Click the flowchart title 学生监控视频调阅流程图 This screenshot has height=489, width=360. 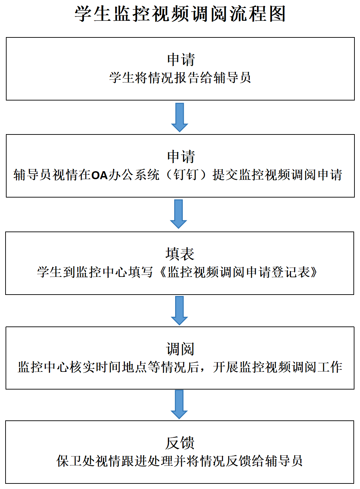[180, 15]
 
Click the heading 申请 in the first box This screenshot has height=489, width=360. [181, 60]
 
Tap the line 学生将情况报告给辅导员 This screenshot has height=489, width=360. [180, 78]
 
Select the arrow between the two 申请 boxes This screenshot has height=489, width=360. [180, 117]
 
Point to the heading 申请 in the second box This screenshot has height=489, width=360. [181, 157]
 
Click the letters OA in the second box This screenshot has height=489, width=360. [100, 175]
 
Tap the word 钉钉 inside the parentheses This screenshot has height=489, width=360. [186, 175]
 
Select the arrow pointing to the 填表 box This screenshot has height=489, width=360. [179, 214]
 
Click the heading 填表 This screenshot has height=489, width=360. [180, 254]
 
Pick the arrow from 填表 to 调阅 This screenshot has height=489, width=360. [179, 310]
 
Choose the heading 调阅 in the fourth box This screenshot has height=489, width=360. [180, 349]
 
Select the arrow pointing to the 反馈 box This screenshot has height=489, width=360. [179, 404]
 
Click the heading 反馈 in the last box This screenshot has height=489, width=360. [180, 443]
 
